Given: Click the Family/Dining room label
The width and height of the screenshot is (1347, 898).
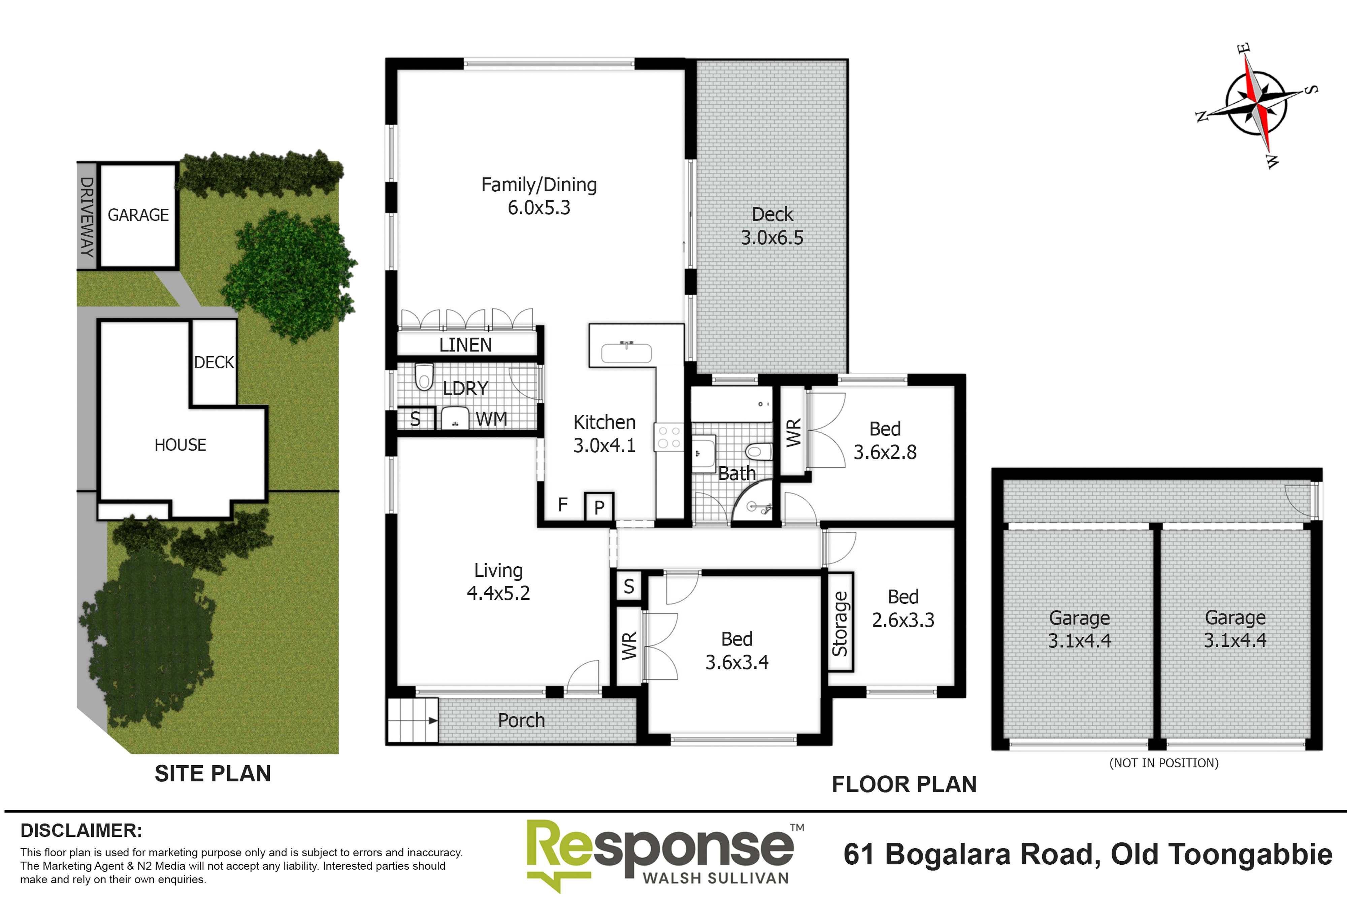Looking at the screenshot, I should pyautogui.click(x=539, y=185).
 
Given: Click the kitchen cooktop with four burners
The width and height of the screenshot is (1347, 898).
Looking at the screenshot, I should pyautogui.click(x=669, y=437).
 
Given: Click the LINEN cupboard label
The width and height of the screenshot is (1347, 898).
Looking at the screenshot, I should pyautogui.click(x=465, y=345).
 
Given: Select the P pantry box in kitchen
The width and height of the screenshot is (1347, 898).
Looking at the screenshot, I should pyautogui.click(x=599, y=507).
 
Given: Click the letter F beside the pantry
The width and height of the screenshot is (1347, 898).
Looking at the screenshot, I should pyautogui.click(x=562, y=504).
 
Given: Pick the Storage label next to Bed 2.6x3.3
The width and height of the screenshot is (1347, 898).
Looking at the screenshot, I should pyautogui.click(x=840, y=623).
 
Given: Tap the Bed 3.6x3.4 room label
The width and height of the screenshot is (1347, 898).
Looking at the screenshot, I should pyautogui.click(x=736, y=650).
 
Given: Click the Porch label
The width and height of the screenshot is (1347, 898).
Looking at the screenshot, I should pyautogui.click(x=521, y=720).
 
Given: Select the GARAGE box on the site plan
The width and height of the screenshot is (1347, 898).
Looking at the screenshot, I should pyautogui.click(x=138, y=215).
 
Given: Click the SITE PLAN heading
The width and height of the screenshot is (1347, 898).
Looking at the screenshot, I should pyautogui.click(x=212, y=773).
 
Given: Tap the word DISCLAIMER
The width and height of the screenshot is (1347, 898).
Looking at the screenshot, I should pyautogui.click(x=81, y=830).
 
